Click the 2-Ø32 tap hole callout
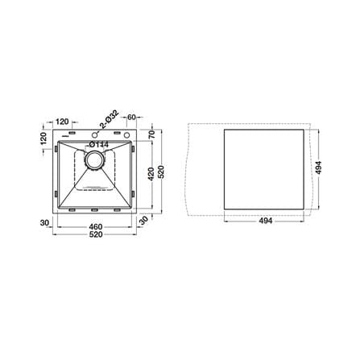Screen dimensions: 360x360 pos(110,118)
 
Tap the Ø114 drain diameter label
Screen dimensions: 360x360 pos(99,145)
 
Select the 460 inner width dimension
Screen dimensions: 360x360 pos(96,227)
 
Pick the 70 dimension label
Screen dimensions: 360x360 pos(151,134)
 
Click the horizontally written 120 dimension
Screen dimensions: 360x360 pos(63,122)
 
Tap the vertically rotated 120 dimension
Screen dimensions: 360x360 pos(43,139)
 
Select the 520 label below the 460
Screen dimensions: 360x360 pos(96,234)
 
